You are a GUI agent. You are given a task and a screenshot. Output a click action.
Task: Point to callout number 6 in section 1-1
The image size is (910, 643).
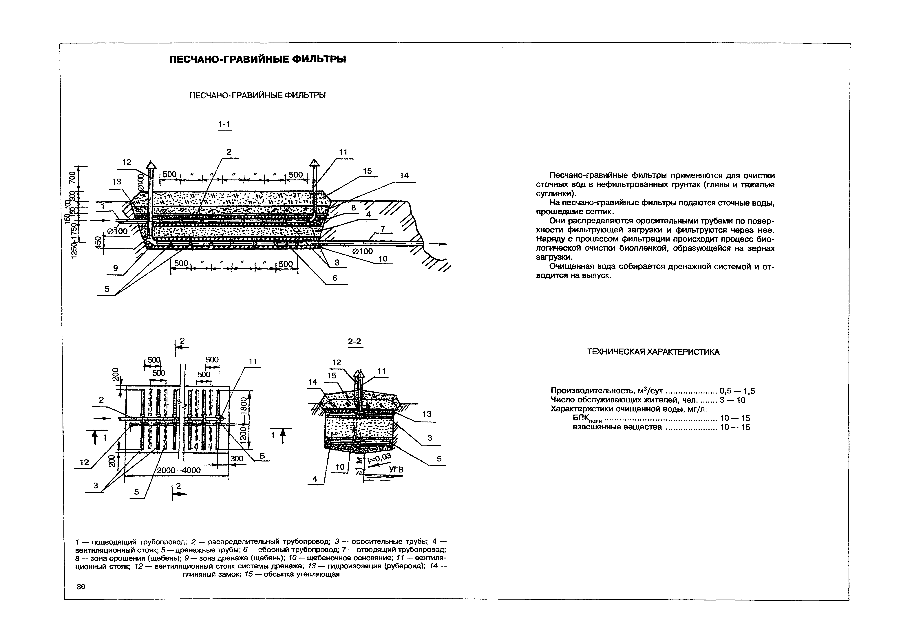pos(335,278)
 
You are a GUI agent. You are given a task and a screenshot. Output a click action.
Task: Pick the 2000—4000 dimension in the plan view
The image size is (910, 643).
pos(179,470)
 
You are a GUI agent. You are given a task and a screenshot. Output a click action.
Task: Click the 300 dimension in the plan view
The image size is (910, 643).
pos(237,458)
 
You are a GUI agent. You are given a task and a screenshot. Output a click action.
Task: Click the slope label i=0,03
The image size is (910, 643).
pos(379,459)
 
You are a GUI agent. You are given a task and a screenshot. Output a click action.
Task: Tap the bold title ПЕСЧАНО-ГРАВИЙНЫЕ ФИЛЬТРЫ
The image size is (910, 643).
pos(258,59)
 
